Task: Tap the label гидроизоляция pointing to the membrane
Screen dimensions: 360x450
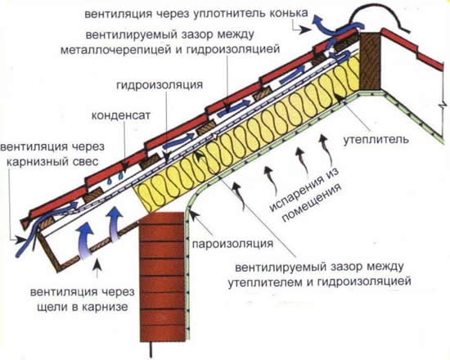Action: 169,84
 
